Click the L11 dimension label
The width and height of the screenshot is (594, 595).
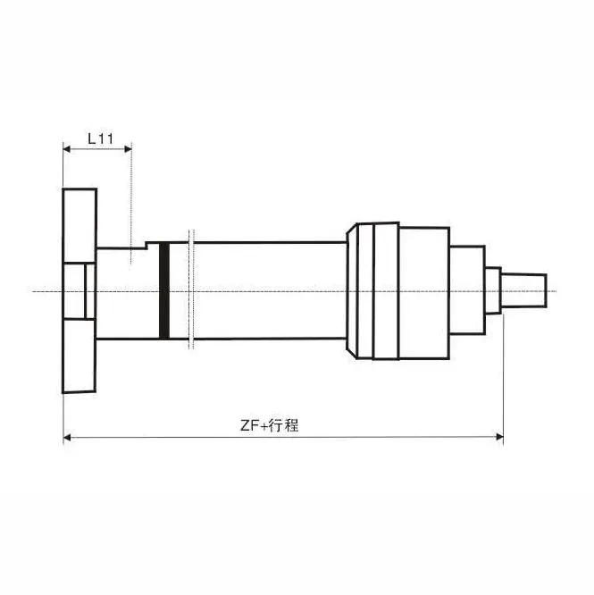[x=100, y=138]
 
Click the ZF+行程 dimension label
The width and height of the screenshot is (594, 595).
[x=269, y=425]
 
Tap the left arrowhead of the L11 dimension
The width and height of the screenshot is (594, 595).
[x=67, y=148]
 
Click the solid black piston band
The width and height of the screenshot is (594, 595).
[x=163, y=291]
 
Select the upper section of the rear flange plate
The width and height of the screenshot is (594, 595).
[x=79, y=223]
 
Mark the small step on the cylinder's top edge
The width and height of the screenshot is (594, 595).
[x=139, y=245]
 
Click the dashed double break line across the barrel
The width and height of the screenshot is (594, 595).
[x=190, y=291]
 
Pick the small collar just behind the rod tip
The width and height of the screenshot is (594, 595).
[x=492, y=289]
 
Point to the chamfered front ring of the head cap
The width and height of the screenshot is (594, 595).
[x=353, y=291]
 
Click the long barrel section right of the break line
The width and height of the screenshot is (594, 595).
[x=268, y=291]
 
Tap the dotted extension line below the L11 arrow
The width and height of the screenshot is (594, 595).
[x=131, y=205]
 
